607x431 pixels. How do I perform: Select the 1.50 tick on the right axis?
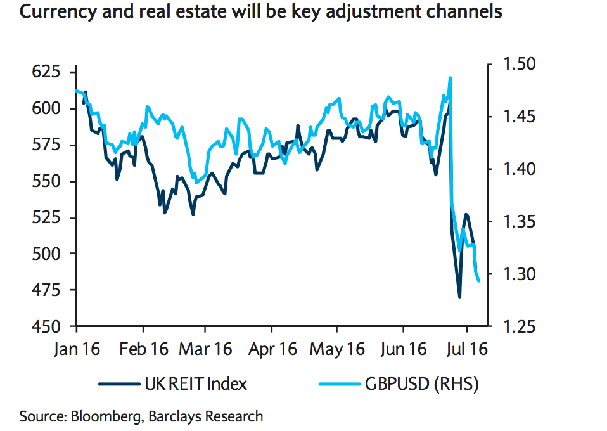(x=519, y=64)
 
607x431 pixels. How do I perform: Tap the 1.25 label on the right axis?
(x=519, y=326)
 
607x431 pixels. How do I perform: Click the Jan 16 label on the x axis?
(x=75, y=349)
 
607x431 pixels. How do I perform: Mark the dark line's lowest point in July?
(x=459, y=297)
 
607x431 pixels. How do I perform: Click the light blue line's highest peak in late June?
(x=450, y=78)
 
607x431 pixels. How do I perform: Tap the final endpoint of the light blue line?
(x=479, y=281)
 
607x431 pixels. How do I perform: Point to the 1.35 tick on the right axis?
(x=519, y=222)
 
